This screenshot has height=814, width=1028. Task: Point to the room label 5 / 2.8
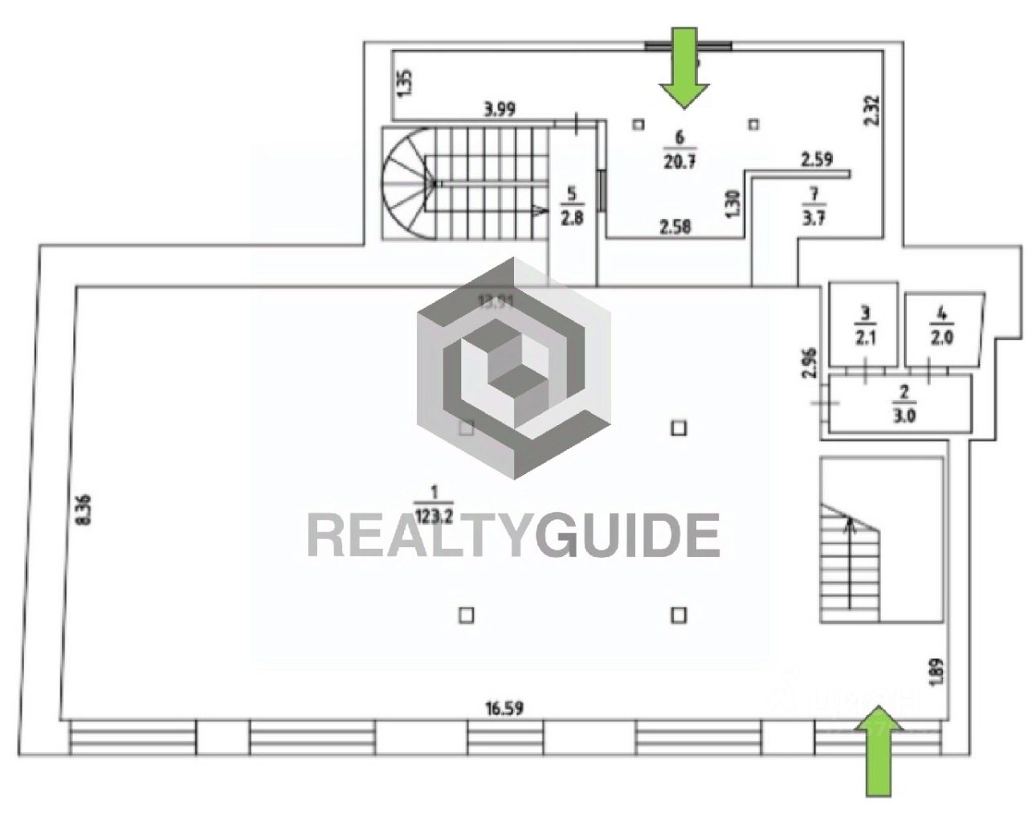pos(572,206)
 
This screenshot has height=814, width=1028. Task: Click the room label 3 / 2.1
pos(864,325)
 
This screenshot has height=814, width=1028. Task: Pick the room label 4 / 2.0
pos(942,325)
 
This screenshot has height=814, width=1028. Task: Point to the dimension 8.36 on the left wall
pos(84,509)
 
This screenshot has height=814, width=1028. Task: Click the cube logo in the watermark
pos(513,367)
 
